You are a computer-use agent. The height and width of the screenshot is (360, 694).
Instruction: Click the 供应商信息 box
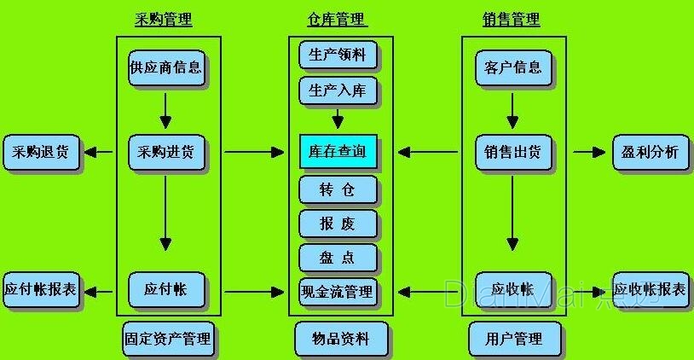pyautogui.click(x=165, y=67)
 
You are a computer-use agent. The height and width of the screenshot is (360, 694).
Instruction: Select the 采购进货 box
pyautogui.click(x=165, y=153)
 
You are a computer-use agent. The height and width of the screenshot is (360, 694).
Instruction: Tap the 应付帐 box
pyautogui.click(x=167, y=289)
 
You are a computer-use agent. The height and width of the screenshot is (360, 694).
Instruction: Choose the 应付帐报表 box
pyautogui.click(x=40, y=289)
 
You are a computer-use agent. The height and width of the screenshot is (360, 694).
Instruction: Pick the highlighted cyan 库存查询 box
pyautogui.click(x=338, y=152)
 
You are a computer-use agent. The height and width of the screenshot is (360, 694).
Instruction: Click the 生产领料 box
pyautogui.click(x=338, y=55)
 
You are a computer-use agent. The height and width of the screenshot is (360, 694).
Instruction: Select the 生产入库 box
pyautogui.click(x=338, y=90)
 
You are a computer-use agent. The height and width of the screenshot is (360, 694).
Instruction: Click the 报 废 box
pyautogui.click(x=338, y=224)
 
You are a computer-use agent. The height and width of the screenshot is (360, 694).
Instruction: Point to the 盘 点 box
pyautogui.click(x=338, y=257)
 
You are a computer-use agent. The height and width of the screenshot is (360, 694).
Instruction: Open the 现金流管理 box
pyautogui.click(x=338, y=291)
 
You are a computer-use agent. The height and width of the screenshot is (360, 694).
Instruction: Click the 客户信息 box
pyautogui.click(x=512, y=67)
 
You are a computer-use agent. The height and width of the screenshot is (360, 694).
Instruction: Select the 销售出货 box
pyautogui.click(x=512, y=153)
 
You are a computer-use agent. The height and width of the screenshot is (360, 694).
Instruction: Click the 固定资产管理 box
pyautogui.click(x=166, y=339)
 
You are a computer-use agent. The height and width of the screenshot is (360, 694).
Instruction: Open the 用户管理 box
pyautogui.click(x=516, y=339)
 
